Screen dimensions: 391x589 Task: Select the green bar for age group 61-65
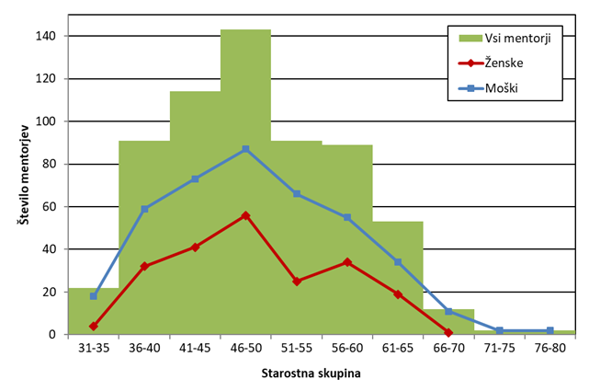coord(398,276)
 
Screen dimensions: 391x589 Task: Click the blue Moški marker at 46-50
coord(245,149)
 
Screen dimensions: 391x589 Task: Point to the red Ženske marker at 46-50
coord(245,215)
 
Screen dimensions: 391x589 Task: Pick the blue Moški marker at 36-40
coord(144,209)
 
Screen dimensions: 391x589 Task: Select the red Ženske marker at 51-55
coord(297,281)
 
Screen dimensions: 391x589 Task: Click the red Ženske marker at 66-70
coord(448,332)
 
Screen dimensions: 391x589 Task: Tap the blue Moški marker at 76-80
coord(549,330)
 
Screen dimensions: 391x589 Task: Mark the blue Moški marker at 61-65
coord(398,262)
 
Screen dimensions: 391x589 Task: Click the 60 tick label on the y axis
coord(50,206)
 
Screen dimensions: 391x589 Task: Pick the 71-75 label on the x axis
coord(499,349)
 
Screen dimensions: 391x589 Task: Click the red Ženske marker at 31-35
coord(94,326)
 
